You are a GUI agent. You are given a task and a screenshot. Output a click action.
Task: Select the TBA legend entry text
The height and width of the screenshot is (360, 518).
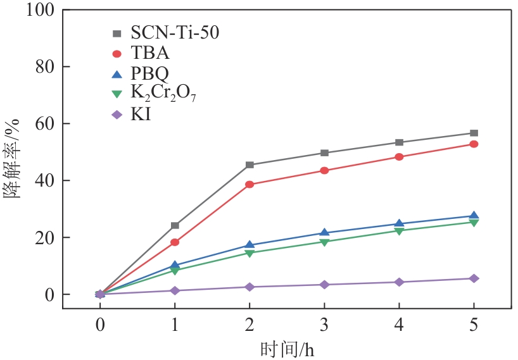(x=150, y=54)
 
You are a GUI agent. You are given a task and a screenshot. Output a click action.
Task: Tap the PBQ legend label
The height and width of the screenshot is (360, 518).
(x=151, y=74)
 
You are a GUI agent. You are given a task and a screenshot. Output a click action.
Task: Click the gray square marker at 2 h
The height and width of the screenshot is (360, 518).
(x=250, y=165)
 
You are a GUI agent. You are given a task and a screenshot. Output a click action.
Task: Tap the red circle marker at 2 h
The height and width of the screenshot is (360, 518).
(x=250, y=185)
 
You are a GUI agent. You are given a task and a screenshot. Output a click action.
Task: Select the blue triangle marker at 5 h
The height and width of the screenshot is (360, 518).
(x=474, y=216)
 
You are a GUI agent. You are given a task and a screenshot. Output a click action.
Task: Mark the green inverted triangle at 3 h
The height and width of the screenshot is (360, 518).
(x=324, y=242)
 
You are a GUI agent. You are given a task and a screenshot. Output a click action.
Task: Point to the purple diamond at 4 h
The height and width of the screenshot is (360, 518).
(x=399, y=282)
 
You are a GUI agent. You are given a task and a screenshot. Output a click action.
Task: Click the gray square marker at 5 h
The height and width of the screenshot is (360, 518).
(x=474, y=133)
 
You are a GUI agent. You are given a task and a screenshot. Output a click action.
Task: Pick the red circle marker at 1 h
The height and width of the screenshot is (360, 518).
(x=175, y=242)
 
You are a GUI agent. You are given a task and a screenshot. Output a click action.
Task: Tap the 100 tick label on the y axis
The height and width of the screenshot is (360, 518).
(x=41, y=10)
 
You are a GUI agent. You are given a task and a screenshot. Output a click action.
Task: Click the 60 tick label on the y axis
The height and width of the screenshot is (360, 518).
(x=44, y=124)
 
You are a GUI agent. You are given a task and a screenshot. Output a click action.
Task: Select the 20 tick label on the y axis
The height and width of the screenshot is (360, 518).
(x=44, y=238)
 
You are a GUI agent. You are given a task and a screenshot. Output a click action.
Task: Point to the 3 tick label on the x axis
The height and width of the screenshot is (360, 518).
(x=324, y=325)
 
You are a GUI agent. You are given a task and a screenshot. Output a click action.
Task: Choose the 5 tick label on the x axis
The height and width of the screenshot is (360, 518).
(x=474, y=325)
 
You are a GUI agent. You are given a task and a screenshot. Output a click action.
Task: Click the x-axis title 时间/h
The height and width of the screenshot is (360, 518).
(x=286, y=348)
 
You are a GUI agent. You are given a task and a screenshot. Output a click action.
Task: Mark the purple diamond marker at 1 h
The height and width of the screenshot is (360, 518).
(x=175, y=290)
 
